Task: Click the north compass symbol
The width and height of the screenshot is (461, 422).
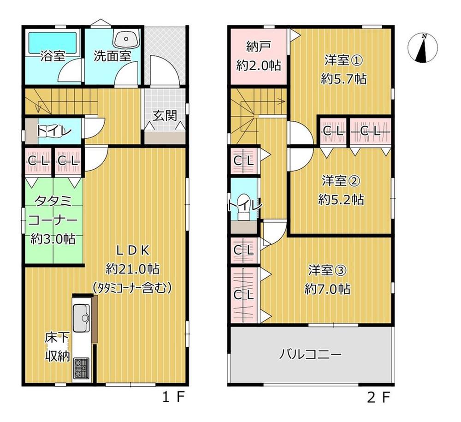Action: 423,48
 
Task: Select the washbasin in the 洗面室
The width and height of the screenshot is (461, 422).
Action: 126,39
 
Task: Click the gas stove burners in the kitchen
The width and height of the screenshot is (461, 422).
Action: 82,368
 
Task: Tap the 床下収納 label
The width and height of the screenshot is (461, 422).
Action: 57,346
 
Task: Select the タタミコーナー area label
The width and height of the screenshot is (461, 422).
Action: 53,211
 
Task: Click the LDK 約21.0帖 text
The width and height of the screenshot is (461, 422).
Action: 133,259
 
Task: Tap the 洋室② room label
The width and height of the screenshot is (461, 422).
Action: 341,181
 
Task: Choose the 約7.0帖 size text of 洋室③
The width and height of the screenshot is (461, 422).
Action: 327,289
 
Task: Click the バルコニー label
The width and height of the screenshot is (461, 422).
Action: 310,354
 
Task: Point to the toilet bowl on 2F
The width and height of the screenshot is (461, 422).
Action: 243,207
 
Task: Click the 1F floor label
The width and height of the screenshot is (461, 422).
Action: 173,398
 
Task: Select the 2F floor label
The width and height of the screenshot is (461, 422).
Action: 378,398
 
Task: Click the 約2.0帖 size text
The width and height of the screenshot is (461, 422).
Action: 259,65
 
